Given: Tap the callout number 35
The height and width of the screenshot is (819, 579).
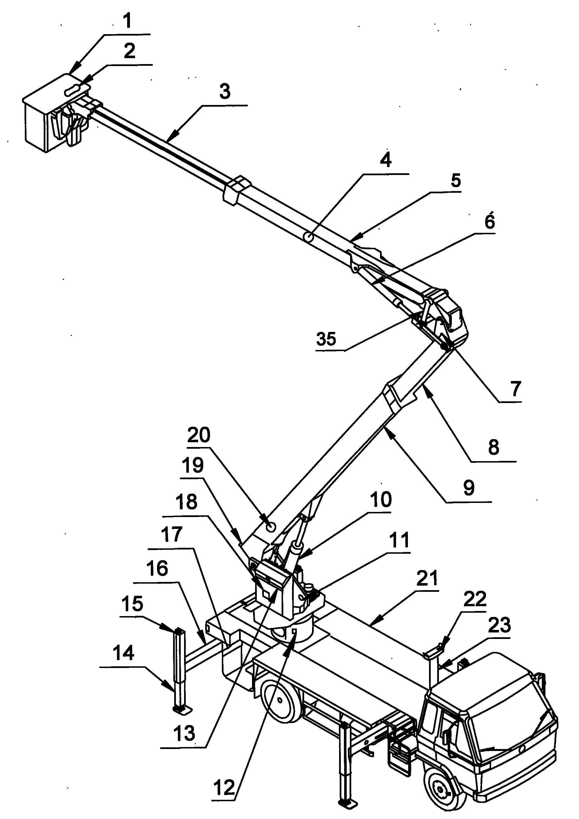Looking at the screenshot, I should point(326,339).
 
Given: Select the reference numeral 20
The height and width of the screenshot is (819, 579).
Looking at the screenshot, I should point(199,435).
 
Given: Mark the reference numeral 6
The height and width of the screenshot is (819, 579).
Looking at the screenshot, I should point(490,222).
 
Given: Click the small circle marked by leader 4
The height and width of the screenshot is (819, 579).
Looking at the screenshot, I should point(309,236).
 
